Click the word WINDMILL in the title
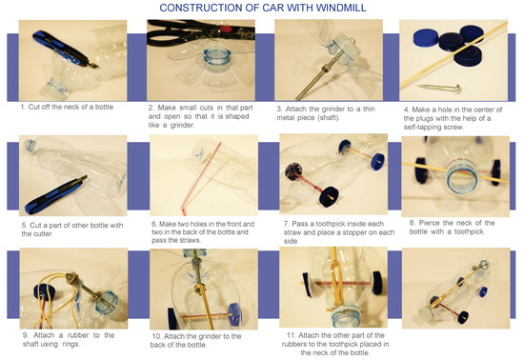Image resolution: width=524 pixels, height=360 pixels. tap(340, 8)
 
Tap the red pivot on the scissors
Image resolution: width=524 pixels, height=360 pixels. tap(226, 30)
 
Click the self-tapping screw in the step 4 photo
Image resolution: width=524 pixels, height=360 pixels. tap(439, 89)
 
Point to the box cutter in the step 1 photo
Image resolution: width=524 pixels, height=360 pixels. tap(65, 50)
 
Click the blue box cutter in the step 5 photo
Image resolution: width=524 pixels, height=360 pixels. tap(55, 195)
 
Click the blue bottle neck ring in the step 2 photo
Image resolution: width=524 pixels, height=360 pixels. tap(216, 58)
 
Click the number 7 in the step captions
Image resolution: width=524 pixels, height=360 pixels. tap(286, 224)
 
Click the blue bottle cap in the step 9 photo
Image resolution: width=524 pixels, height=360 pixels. tap(45, 291)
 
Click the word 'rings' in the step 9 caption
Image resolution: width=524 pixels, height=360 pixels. tap(71, 344)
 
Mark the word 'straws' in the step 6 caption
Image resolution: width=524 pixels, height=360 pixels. tap(190, 240)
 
